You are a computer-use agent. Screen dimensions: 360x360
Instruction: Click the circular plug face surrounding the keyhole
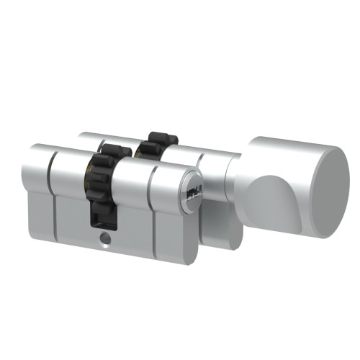click(x=193, y=192)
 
